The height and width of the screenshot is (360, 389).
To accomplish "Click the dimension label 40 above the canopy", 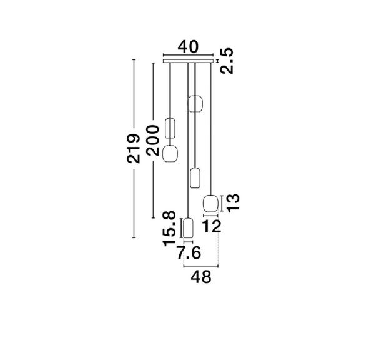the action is (x=189, y=46).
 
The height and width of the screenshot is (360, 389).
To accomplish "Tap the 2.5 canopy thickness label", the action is (x=227, y=61).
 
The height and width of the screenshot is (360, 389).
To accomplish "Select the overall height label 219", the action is (x=133, y=149).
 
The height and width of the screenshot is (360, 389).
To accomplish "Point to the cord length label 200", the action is (x=152, y=141).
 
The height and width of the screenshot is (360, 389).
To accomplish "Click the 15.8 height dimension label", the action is (x=169, y=228).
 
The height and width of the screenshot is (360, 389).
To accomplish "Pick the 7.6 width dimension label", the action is (x=189, y=253).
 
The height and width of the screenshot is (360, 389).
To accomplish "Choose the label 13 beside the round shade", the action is (x=233, y=203).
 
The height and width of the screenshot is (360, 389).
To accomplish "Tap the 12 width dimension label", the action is (x=212, y=226).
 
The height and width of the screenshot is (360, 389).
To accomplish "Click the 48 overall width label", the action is (x=201, y=277).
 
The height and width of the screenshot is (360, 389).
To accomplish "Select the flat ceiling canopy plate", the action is (x=188, y=61).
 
